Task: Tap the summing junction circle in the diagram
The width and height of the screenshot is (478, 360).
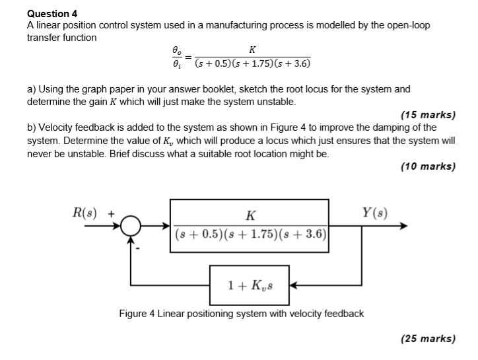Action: (x=131, y=227)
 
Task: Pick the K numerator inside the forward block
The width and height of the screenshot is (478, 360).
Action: (x=250, y=215)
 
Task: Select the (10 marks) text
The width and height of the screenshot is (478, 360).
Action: (x=428, y=166)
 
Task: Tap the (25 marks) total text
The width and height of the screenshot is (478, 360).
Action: (x=428, y=339)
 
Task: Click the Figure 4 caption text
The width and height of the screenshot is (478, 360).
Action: (x=241, y=313)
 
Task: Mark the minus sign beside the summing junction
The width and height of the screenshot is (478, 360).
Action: (x=138, y=248)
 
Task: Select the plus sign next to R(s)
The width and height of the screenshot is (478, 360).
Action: (x=112, y=213)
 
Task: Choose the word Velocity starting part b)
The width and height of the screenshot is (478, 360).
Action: (x=55, y=127)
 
